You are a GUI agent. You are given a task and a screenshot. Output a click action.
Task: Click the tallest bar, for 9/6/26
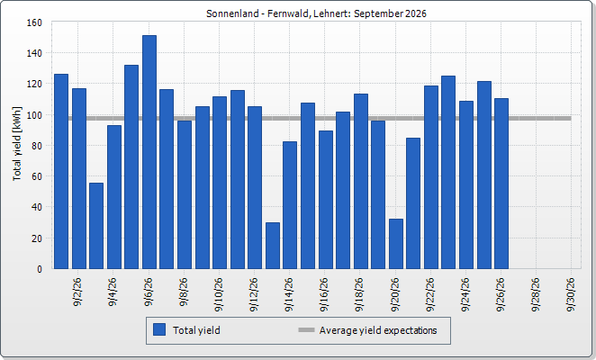[x=149, y=152]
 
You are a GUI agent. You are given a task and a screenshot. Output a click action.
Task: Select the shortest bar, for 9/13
[x=273, y=246]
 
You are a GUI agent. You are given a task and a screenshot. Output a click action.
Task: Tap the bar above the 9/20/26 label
[x=396, y=244]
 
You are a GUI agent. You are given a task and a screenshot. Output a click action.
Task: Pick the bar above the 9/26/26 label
[x=501, y=184]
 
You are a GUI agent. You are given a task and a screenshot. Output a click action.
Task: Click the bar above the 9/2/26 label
[x=79, y=179]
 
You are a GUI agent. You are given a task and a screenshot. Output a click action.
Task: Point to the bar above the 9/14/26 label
[x=290, y=205]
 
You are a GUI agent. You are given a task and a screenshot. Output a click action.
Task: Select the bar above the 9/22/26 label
[x=431, y=177]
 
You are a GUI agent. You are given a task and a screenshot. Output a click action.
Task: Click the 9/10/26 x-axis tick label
[x=219, y=294]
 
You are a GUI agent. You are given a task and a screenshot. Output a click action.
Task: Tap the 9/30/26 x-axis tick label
[x=571, y=294]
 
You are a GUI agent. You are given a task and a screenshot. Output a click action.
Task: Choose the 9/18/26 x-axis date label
[x=359, y=294]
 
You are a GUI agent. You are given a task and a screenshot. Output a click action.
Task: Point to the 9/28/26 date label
[x=536, y=294]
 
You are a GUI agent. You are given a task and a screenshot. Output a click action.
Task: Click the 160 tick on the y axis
[x=34, y=22]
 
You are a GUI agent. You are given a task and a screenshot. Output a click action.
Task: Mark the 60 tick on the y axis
[x=37, y=176]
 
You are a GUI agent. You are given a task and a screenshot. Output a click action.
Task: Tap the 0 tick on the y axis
[x=40, y=269]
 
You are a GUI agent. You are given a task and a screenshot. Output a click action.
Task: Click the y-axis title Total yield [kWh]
[x=17, y=144]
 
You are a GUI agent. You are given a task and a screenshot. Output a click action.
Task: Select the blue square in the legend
[x=159, y=329]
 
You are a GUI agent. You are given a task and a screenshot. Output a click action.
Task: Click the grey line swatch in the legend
[x=306, y=330]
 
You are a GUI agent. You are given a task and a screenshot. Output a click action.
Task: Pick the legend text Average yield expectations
[x=378, y=330]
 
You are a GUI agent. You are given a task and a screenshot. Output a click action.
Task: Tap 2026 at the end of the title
[x=416, y=13]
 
